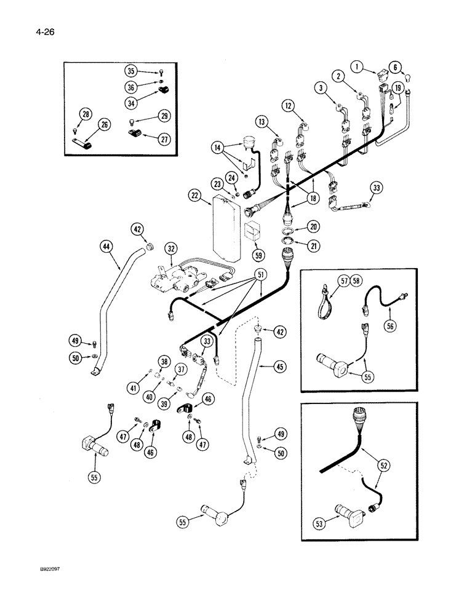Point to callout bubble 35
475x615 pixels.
pos(130,70)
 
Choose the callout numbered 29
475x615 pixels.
pos(163,115)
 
